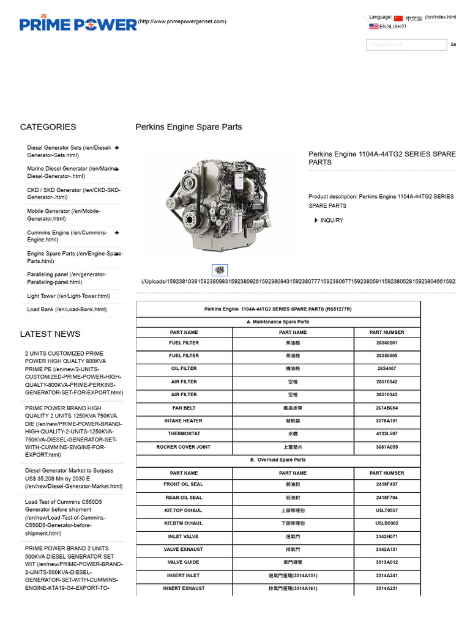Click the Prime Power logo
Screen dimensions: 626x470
pyautogui.click(x=78, y=24)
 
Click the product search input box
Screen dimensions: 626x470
pyautogui.click(x=406, y=45)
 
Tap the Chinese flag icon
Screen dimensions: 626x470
pyautogui.click(x=398, y=18)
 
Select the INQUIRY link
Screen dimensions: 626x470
pyautogui.click(x=332, y=221)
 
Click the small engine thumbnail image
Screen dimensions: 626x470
pyautogui.click(x=220, y=270)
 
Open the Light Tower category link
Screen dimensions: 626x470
pyautogui.click(x=69, y=296)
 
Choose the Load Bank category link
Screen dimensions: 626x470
pyautogui.click(x=67, y=309)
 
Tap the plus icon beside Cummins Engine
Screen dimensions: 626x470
pyautogui.click(x=116, y=232)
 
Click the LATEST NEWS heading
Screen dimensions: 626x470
pyautogui.click(x=50, y=334)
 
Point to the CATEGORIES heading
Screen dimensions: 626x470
pyautogui.click(x=48, y=127)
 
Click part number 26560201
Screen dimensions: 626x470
pyautogui.click(x=387, y=343)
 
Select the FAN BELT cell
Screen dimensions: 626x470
pyautogui.click(x=184, y=408)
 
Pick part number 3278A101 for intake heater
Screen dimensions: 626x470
pyautogui.click(x=387, y=421)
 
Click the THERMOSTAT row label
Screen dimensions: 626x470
pyautogui.click(x=184, y=433)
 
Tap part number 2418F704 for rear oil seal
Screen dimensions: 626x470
pyautogui.click(x=387, y=498)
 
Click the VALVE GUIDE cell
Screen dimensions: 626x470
pyautogui.click(x=184, y=562)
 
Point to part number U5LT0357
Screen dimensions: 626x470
pyautogui.click(x=387, y=510)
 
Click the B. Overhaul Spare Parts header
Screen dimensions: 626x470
pyautogui.click(x=278, y=460)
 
